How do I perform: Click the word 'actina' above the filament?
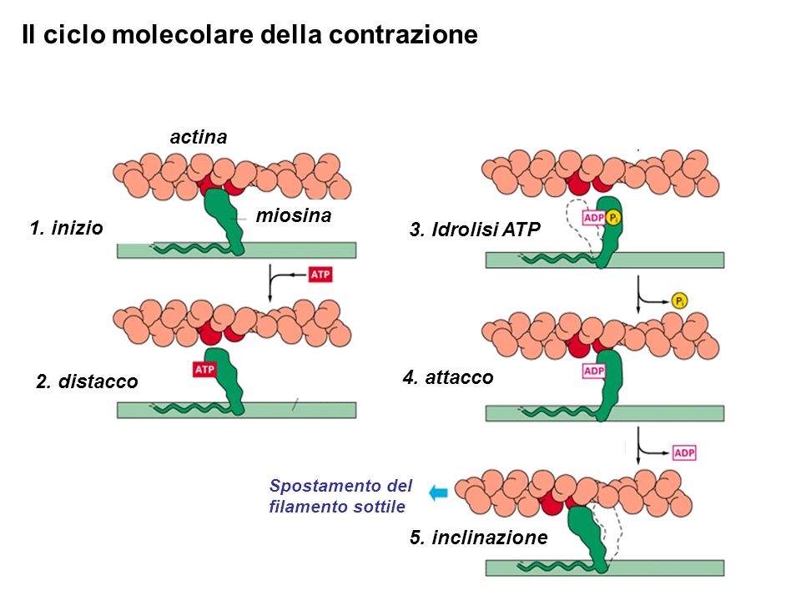pos(199,137)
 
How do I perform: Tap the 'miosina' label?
pos(293,215)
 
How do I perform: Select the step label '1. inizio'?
pos(67,228)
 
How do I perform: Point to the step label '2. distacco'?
pos(87,381)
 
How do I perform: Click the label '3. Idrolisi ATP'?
pos(475,229)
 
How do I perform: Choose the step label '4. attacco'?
pos(448,377)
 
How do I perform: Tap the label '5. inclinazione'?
pos(479,537)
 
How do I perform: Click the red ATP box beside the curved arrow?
pos(320,275)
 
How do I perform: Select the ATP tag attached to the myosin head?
pos(204,369)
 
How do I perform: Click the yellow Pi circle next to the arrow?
pos(679,301)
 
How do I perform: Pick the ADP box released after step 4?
pos(684,452)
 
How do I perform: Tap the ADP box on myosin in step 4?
pos(593,371)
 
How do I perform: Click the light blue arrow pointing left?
pos(438,492)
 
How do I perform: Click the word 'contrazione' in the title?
pos(403,35)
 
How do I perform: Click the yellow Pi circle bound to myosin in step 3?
pos(613,218)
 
